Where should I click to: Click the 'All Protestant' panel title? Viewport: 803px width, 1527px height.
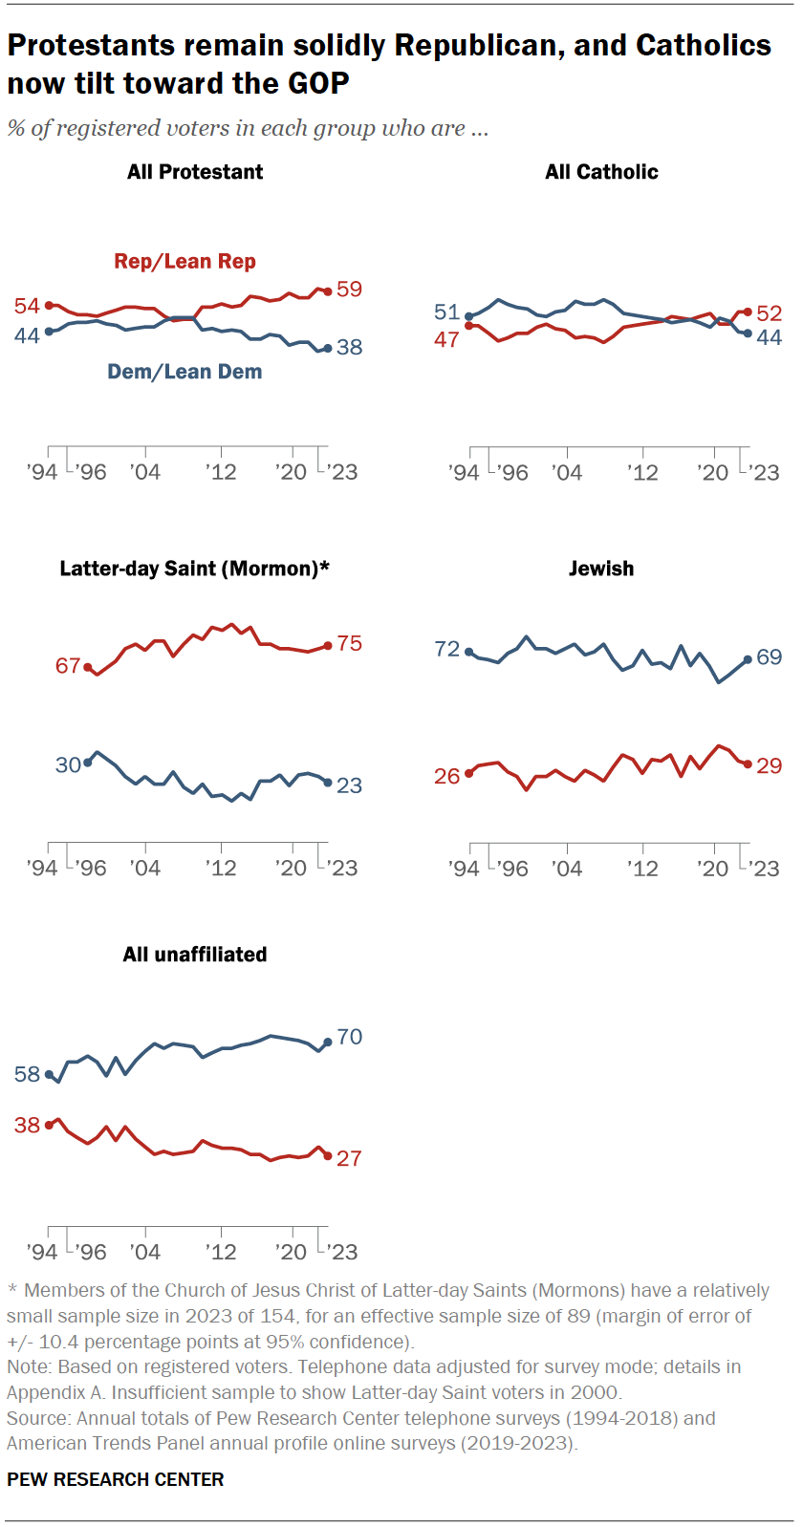[195, 172]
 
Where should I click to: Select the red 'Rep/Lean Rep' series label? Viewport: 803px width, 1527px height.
[184, 261]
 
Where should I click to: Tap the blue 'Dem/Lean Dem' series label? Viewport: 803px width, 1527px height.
[184, 372]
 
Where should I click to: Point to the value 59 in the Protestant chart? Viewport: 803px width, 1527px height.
[350, 289]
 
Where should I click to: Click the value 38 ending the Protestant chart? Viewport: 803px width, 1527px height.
[350, 348]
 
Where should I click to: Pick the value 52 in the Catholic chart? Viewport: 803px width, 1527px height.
[770, 312]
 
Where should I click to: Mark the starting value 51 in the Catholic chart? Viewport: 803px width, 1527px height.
[446, 312]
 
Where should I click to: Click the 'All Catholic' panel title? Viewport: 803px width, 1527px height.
[601, 172]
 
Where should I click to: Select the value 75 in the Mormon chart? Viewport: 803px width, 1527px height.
[350, 643]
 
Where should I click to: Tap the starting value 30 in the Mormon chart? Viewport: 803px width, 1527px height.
[68, 764]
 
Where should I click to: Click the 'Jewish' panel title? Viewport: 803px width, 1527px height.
[601, 569]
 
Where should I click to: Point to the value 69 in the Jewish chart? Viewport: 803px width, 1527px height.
[770, 657]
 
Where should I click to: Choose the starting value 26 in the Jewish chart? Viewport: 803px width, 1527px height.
[446, 776]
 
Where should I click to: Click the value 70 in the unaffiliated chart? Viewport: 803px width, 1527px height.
[350, 1037]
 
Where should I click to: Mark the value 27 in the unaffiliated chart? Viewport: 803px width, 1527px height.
[350, 1158]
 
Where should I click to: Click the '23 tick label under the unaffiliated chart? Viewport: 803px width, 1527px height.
[341, 1252]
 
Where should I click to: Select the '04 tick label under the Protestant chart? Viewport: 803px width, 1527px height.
[145, 471]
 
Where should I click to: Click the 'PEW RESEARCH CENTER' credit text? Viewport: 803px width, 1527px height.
[116, 1479]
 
